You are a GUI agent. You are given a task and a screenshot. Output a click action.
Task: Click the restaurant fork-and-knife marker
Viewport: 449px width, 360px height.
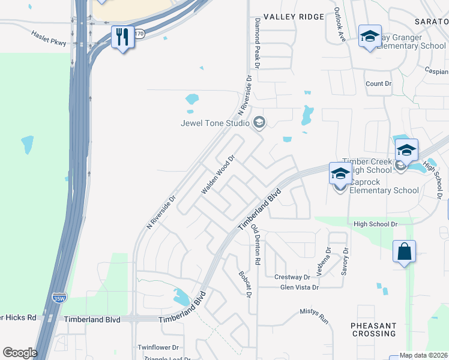tap(122, 37)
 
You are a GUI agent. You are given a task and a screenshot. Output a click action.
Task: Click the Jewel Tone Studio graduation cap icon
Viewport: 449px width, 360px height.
tap(259, 123)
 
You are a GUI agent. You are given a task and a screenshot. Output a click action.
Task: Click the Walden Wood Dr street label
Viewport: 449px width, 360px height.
tap(217, 175)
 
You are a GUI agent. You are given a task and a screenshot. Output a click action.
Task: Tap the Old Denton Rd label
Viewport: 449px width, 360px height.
tap(256, 245)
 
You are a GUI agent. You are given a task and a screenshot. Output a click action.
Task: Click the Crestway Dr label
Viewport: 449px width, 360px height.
tap(292, 277)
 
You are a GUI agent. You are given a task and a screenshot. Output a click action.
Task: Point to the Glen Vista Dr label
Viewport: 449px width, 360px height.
tap(300, 287)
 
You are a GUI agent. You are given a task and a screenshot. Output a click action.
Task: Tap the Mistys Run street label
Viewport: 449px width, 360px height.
tap(315, 316)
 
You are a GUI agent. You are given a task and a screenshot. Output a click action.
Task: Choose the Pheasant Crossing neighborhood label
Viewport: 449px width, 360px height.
tap(374, 329)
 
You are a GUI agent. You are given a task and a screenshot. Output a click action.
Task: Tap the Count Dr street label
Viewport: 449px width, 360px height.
tap(378, 83)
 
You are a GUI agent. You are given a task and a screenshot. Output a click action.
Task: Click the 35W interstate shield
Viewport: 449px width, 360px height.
tap(58, 298)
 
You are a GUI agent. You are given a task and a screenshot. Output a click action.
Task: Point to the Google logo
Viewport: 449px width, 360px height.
tap(20, 353)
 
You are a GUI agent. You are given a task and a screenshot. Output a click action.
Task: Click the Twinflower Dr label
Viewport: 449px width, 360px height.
tap(158, 347)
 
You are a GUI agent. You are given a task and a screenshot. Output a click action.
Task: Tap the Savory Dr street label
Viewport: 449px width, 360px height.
tap(345, 260)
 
